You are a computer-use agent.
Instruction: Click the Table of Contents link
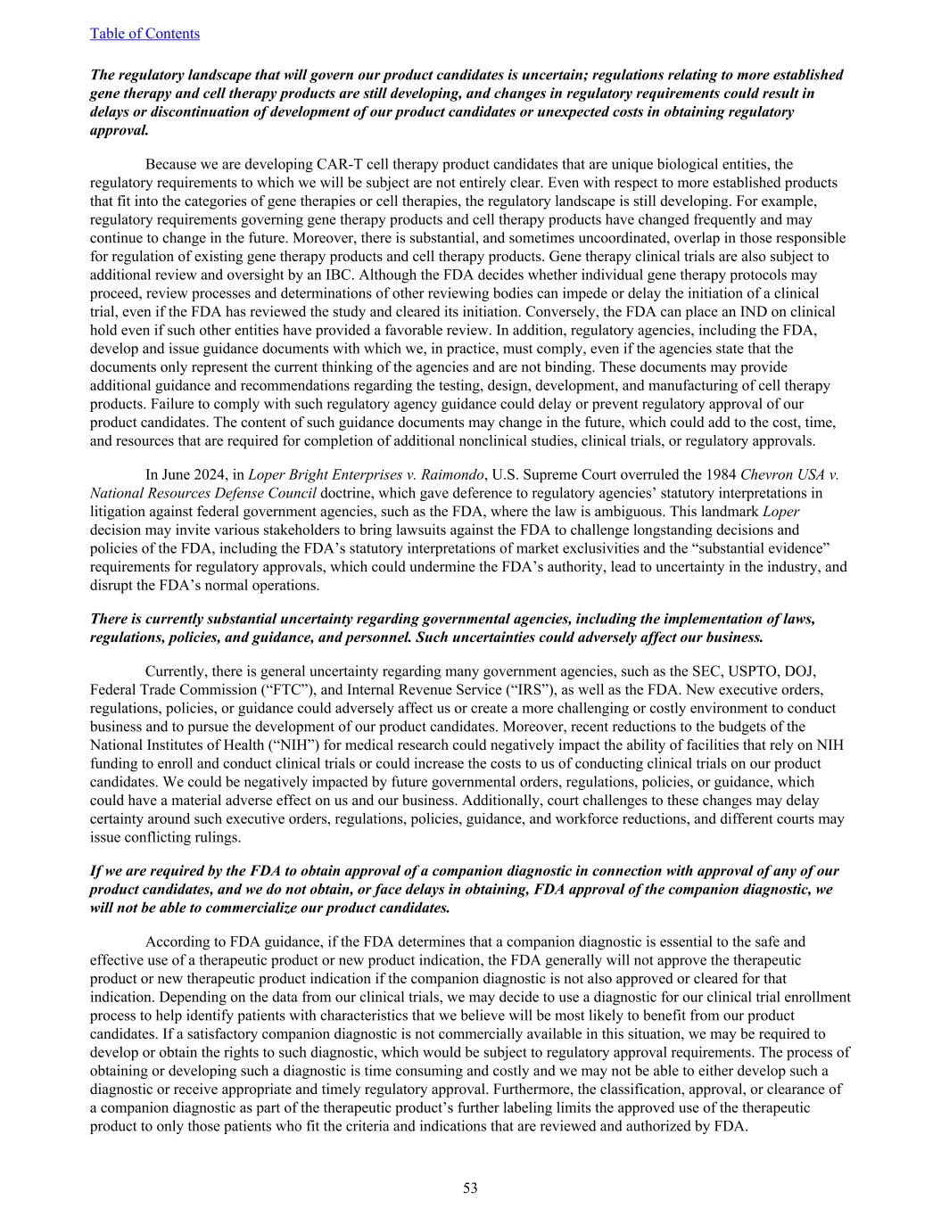tap(144, 33)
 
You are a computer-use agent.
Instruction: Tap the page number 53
tap(470, 1188)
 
